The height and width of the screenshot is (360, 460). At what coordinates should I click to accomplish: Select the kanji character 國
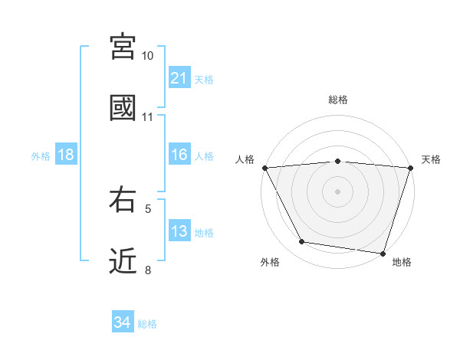pyautogui.click(x=123, y=107)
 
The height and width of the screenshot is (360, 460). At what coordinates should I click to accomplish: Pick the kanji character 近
pyautogui.click(x=123, y=260)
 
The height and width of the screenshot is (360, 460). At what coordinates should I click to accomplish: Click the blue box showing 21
pyautogui.click(x=179, y=78)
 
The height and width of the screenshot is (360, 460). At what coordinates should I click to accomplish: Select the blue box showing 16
pyautogui.click(x=179, y=155)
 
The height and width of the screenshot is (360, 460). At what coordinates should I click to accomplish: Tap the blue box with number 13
pyautogui.click(x=179, y=232)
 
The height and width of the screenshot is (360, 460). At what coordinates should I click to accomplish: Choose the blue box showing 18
pyautogui.click(x=66, y=155)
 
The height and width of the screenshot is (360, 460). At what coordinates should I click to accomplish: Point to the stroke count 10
pyautogui.click(x=148, y=56)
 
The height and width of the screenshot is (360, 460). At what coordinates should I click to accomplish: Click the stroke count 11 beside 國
pyautogui.click(x=148, y=117)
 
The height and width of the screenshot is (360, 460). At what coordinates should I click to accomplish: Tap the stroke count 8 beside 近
pyautogui.click(x=148, y=270)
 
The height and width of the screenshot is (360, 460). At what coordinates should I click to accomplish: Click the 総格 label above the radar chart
pyautogui.click(x=338, y=100)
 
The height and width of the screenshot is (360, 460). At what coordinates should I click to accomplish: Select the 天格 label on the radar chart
pyautogui.click(x=432, y=159)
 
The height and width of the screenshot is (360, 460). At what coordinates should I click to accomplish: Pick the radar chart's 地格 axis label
pyautogui.click(x=402, y=263)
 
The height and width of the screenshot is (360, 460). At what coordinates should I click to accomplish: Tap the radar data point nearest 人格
pyautogui.click(x=264, y=168)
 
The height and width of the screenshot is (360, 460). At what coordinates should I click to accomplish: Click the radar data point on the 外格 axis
pyautogui.click(x=302, y=242)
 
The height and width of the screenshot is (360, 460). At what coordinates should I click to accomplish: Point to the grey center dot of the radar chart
pyautogui.click(x=338, y=191)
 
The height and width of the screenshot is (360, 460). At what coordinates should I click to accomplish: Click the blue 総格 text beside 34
pyautogui.click(x=147, y=324)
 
